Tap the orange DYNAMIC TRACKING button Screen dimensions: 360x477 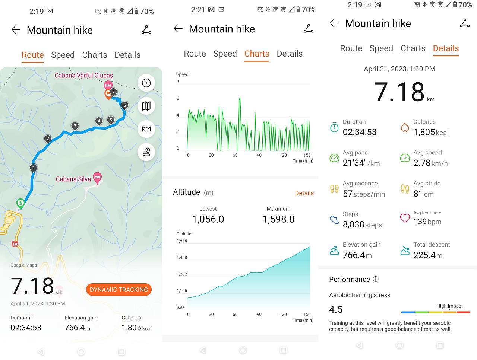[x=119, y=290]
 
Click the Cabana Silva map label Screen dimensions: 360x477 [x=73, y=179]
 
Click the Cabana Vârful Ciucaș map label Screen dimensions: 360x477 [x=83, y=75]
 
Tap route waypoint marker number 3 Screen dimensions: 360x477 [x=75, y=126]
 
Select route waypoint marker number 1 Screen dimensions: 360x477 [x=34, y=168]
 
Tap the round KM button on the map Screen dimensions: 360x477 [x=146, y=129]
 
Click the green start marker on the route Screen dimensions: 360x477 [x=20, y=203]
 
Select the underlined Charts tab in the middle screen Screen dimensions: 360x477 [x=257, y=54]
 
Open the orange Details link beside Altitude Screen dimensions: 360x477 [x=304, y=193]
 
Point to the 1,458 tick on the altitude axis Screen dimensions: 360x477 [x=182, y=257]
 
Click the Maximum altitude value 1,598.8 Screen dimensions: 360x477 [x=278, y=219]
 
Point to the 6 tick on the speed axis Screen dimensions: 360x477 [x=178, y=98]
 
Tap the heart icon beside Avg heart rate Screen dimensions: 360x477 [x=405, y=218]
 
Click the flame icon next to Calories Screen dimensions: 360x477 [x=405, y=128]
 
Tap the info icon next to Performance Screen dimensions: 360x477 [x=376, y=279]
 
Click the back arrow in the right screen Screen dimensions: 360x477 [x=334, y=23]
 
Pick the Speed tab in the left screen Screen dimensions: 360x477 [x=63, y=55]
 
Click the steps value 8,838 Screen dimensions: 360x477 [x=353, y=224]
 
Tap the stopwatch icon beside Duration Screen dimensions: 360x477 [x=334, y=128]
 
